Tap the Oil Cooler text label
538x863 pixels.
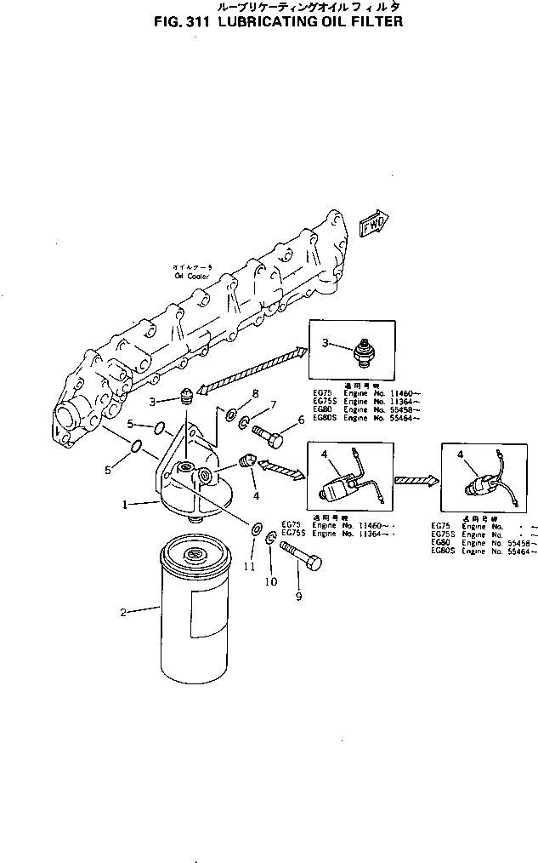tap(191, 274)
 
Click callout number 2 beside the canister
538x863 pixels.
tap(123, 611)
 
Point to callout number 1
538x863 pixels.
tap(125, 504)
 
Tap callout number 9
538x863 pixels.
tap(298, 597)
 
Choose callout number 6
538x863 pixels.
tap(299, 420)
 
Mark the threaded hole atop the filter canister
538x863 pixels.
tap(198, 554)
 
